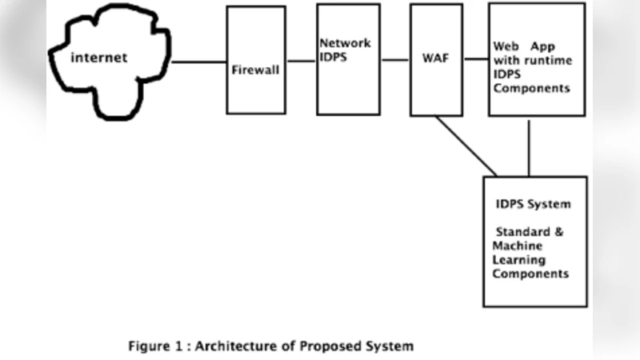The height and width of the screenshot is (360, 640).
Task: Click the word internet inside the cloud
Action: pos(99,58)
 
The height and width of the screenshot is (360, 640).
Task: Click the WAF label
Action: pos(435,58)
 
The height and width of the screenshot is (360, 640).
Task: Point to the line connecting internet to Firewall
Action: pos(200,62)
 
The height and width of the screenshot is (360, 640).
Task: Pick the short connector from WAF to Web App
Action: pos(476,59)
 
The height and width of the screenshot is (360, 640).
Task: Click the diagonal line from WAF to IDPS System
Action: pos(466,146)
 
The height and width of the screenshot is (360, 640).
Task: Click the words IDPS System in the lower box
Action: pos(534,204)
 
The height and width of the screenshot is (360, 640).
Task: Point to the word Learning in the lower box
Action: pos(519,259)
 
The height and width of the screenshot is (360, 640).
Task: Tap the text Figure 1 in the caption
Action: pos(152,346)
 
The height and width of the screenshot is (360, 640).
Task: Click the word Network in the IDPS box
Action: pos(345,42)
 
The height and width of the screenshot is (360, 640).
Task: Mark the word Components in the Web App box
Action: pos(532,88)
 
